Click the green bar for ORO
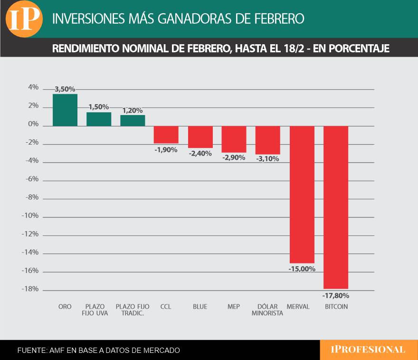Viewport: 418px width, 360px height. (x=65, y=110)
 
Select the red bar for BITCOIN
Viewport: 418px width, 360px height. (x=336, y=207)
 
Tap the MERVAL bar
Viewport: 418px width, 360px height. (x=302, y=195)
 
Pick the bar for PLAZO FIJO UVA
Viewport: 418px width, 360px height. (x=99, y=119)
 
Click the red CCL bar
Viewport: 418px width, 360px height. (x=166, y=135)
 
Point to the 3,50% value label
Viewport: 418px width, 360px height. (x=65, y=89)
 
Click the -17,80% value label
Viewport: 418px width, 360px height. (x=336, y=295)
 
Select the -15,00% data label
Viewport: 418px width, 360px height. (x=302, y=269)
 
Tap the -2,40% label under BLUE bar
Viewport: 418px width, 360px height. (x=200, y=154)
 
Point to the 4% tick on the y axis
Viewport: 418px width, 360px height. (x=33, y=88)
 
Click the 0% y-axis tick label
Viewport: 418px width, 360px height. (x=33, y=124)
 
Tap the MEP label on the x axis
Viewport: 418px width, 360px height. (x=234, y=307)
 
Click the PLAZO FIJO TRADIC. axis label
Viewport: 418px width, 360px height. (x=133, y=310)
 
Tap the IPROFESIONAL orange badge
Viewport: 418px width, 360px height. (x=368, y=350)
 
